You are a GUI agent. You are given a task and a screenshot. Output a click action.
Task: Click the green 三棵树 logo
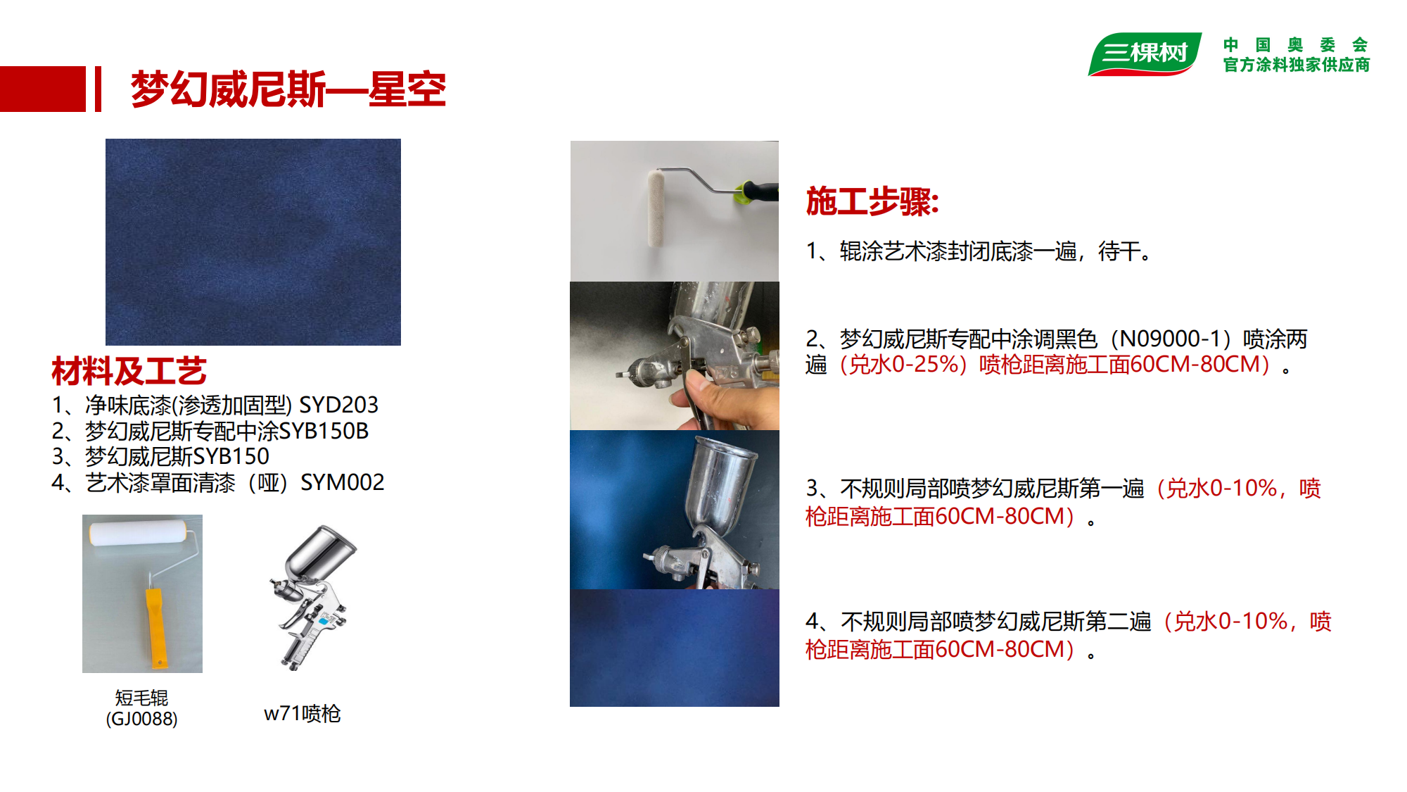pyautogui.click(x=1145, y=54)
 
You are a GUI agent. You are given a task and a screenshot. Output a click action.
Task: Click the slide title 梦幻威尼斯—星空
pyautogui.click(x=288, y=89)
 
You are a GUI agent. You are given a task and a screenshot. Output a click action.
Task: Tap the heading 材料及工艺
pyautogui.click(x=129, y=371)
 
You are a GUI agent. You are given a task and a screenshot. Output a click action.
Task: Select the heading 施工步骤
pyautogui.click(x=872, y=201)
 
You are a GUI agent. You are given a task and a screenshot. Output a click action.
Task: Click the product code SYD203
pyautogui.click(x=339, y=405)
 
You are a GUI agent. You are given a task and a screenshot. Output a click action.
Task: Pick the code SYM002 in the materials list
pyautogui.click(x=343, y=482)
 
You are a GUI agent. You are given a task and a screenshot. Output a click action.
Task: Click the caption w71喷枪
pyautogui.click(x=303, y=713)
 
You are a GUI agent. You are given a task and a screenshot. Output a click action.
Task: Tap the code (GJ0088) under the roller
pyautogui.click(x=141, y=719)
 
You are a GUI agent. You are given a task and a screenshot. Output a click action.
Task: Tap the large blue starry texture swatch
pyautogui.click(x=253, y=242)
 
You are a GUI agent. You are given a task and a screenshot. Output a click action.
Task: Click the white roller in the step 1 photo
pyautogui.click(x=656, y=208)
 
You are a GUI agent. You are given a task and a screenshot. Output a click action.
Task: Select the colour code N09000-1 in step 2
pyautogui.click(x=1170, y=339)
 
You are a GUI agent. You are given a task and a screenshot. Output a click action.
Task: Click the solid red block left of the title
pyautogui.click(x=43, y=89)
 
